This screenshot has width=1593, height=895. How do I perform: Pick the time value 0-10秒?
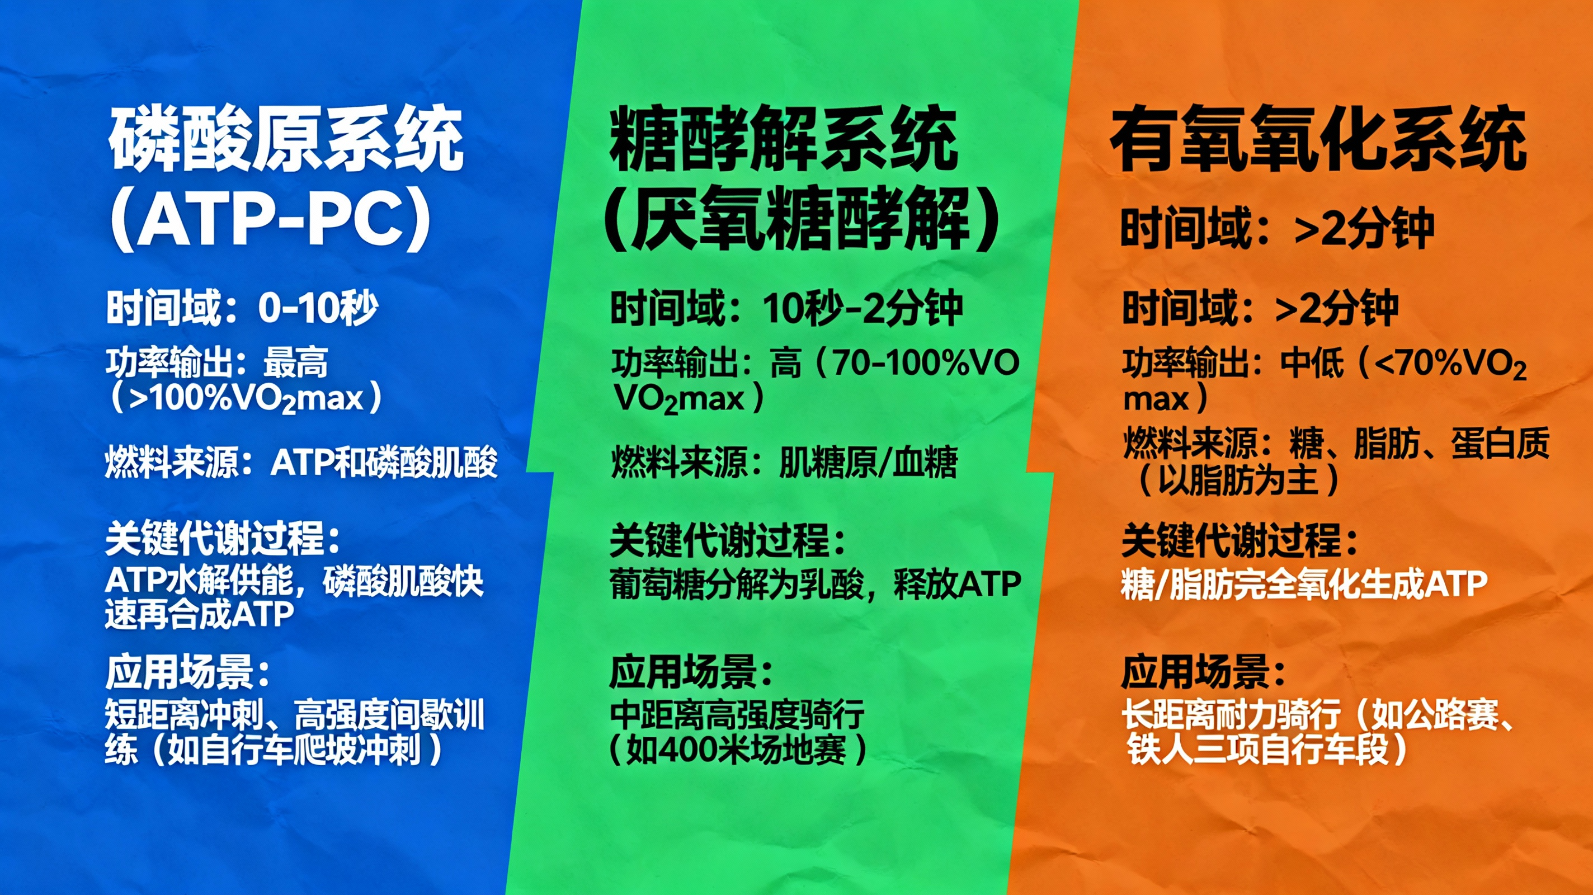[318, 308]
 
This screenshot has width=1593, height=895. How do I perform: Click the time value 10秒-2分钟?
[863, 308]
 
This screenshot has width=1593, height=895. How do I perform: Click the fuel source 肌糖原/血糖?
[868, 463]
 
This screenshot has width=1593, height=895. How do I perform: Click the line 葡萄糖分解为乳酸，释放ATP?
[815, 584]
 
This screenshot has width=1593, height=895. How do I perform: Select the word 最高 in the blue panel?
[295, 363]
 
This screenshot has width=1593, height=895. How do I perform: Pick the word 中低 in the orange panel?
[1312, 363]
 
